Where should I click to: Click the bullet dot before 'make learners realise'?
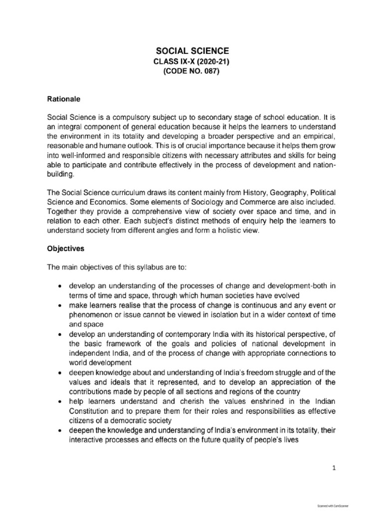click(x=60, y=304)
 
